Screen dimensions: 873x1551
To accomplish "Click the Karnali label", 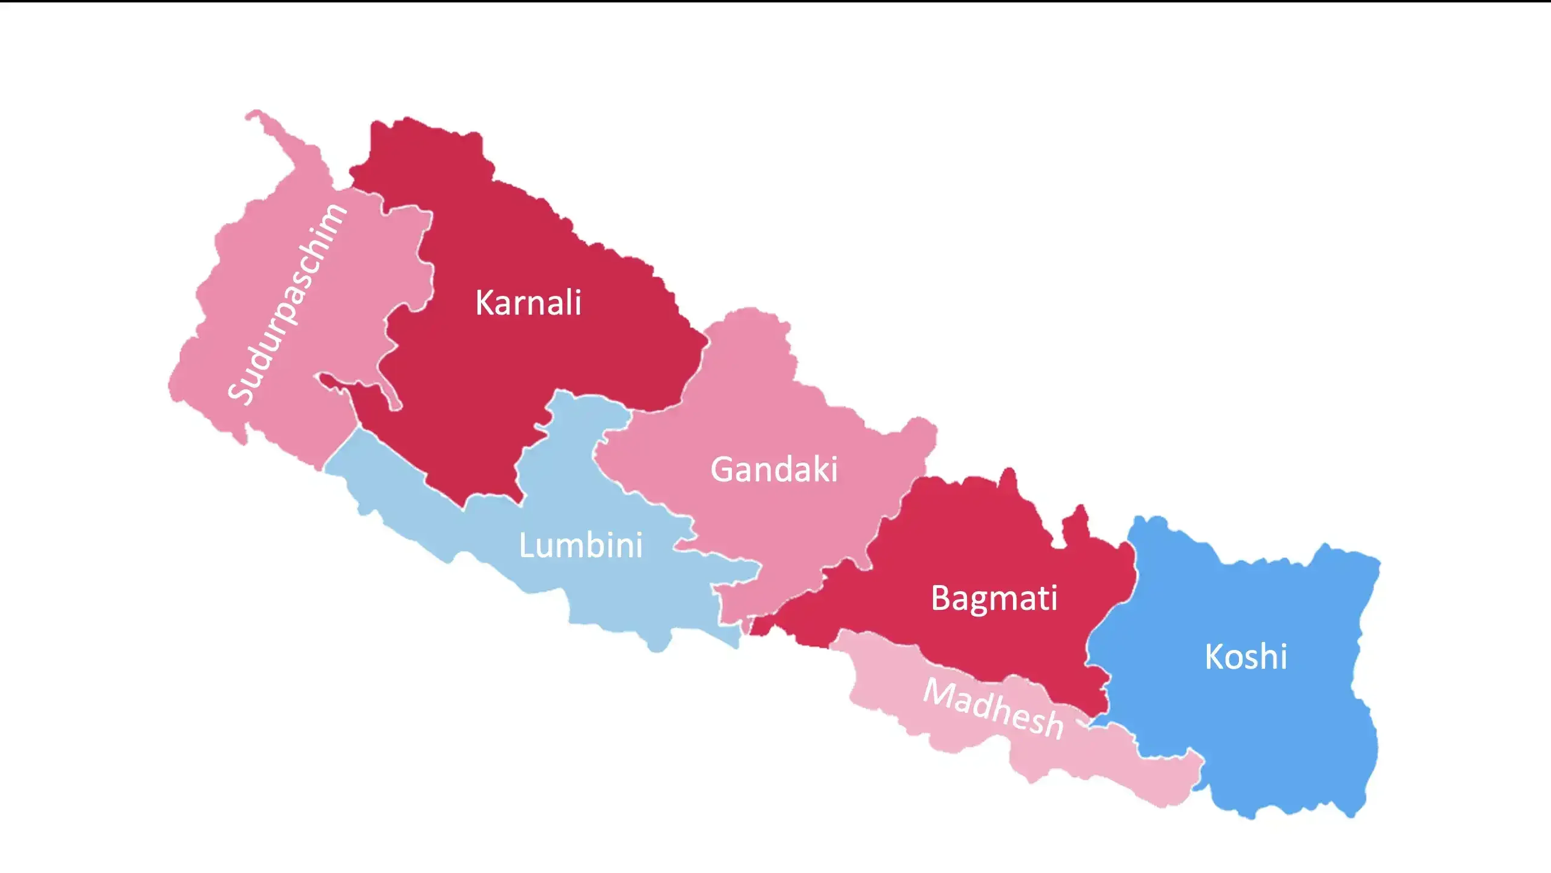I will coord(528,303).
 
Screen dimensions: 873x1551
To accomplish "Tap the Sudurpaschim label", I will coord(288,303).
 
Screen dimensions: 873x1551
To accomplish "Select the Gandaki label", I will coord(774,469).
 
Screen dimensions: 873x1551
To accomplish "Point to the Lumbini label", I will coord(580,545).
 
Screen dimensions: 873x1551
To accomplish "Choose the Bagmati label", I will coord(994,598).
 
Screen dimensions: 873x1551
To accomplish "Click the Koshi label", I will coord(1246,657).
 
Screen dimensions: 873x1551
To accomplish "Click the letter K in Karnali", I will coord(485,303).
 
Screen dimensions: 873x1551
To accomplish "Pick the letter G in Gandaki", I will coord(723,470).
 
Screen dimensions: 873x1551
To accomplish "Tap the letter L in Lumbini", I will coord(526,545).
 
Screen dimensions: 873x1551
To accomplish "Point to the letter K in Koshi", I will coord(1214,657).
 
